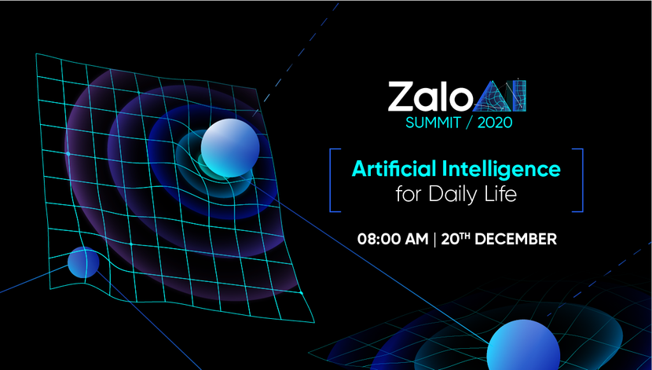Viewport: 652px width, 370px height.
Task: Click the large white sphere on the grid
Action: [230, 146]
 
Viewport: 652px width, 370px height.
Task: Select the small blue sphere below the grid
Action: [83, 262]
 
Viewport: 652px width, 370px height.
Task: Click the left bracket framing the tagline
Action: [332, 179]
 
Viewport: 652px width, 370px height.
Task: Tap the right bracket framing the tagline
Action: [581, 179]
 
